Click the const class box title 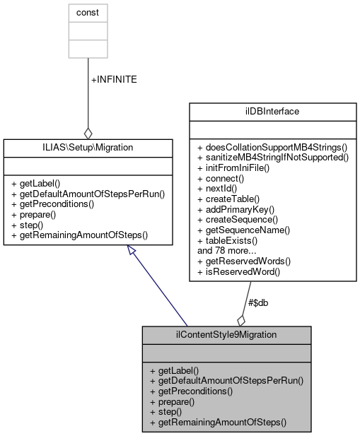click(x=88, y=13)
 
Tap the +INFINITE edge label click(x=114, y=79)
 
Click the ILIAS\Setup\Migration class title click(x=88, y=147)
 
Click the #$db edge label click(x=256, y=302)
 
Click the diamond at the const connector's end click(x=88, y=132)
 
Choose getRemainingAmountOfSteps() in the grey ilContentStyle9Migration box click(x=218, y=422)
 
